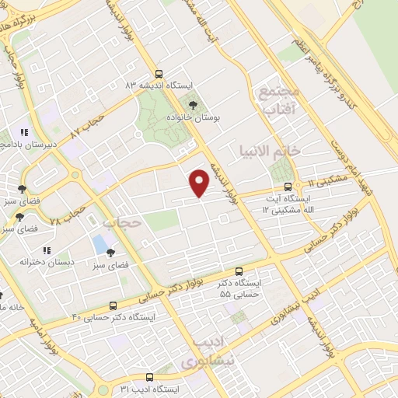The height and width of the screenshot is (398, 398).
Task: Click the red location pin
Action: [x=200, y=182]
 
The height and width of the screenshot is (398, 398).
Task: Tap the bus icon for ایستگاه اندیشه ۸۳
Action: [x=159, y=70]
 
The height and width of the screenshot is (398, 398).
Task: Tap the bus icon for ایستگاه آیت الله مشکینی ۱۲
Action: [x=288, y=187]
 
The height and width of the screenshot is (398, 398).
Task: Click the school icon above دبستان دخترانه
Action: [x=47, y=250]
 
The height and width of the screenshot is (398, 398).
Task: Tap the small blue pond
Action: [x=100, y=243]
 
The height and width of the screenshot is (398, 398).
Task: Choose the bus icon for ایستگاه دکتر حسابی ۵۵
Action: [x=239, y=271]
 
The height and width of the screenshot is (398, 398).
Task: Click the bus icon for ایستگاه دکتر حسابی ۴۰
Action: [x=113, y=305]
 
